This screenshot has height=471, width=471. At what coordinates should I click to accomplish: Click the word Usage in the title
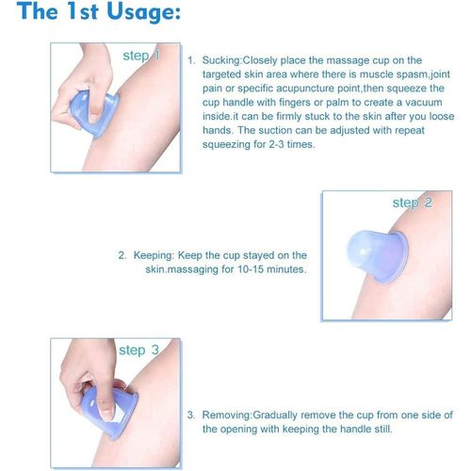point(143,11)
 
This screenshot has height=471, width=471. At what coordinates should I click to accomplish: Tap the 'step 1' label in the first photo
point(141,56)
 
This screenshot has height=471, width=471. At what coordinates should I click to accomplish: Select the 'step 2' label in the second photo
point(413,203)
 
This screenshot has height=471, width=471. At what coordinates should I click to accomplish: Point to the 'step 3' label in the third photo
point(138,350)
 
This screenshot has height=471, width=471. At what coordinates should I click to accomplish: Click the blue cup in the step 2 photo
point(377,256)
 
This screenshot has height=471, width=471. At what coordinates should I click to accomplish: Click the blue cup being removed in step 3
point(110,413)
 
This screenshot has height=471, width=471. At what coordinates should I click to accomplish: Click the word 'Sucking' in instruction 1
point(221,60)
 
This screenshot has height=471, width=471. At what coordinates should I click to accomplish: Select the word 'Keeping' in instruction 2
point(154,255)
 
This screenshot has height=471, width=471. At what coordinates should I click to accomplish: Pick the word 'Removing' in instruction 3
point(226,414)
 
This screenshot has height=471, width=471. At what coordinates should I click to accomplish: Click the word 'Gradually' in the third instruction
point(275,415)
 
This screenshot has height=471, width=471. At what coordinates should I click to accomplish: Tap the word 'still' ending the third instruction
point(384,429)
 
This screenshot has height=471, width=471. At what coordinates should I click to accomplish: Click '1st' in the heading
point(83,11)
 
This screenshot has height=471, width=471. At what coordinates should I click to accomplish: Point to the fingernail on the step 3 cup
point(107,413)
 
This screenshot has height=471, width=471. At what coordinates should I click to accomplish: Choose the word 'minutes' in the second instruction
point(286,269)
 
